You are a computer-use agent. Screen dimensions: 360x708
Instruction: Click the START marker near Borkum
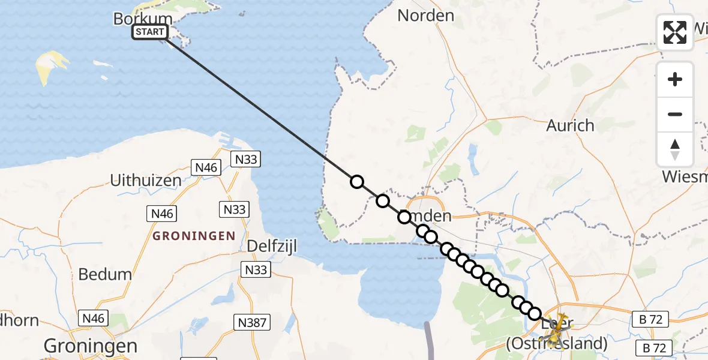click(150, 32)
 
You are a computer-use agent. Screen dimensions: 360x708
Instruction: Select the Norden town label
click(425, 16)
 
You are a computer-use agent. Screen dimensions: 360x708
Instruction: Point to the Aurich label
click(570, 125)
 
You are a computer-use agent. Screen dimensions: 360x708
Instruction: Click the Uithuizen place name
click(146, 180)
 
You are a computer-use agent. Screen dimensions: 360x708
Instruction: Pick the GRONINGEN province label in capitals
click(194, 236)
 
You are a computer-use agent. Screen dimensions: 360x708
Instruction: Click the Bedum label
click(105, 274)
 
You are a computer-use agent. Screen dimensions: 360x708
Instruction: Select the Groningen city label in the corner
click(90, 346)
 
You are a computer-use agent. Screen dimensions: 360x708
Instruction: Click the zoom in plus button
click(675, 79)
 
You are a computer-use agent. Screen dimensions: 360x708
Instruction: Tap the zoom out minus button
click(675, 114)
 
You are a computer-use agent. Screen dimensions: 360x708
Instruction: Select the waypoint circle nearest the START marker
click(357, 182)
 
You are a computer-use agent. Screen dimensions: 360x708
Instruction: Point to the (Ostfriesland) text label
click(557, 344)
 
